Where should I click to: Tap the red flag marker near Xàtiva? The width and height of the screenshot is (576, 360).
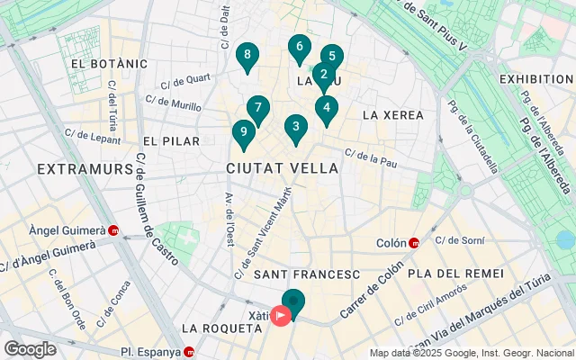coord(282,316)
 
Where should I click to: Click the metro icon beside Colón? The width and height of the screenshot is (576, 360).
coord(414,243)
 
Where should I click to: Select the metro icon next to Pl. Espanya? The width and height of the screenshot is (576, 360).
coord(189,352)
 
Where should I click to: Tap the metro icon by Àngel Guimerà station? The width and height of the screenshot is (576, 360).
coord(114,230)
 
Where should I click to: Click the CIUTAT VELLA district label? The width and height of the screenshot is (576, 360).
coord(283,168)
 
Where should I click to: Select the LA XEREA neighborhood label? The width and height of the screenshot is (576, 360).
coord(392,115)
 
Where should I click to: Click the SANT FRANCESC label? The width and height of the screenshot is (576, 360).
coord(307,274)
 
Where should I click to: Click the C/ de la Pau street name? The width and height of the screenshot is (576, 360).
coord(371,158)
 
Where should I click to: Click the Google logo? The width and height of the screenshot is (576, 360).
coord(30,349)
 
